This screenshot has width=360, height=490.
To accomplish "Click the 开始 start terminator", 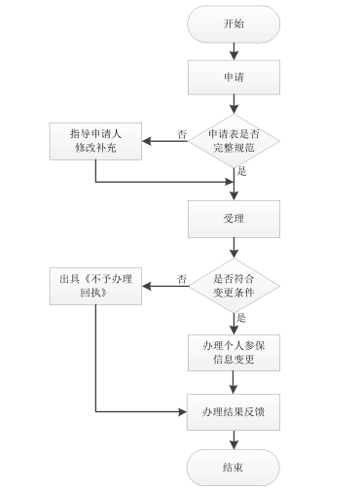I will (x=234, y=24).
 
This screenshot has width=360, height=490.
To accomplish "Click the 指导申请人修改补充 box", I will (x=95, y=139).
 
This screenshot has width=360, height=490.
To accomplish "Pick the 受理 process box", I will (x=234, y=220).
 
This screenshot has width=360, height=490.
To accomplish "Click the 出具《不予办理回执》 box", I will (x=95, y=283).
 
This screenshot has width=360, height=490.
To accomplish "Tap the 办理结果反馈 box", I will (x=234, y=411).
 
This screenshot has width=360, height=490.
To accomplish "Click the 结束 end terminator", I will (x=234, y=466).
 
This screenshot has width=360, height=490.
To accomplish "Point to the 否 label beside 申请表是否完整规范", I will (x=182, y=134).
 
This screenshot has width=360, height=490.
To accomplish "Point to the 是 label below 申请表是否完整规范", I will (x=242, y=172).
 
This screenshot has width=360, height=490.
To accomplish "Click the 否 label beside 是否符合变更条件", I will (x=182, y=279).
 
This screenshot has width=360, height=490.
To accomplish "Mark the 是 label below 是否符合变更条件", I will (x=242, y=317).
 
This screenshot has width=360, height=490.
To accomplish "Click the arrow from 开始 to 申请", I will (x=234, y=51).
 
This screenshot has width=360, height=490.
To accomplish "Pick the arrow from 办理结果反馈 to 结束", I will (x=234, y=438).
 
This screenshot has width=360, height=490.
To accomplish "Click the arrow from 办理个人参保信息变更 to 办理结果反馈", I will (x=234, y=383).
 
